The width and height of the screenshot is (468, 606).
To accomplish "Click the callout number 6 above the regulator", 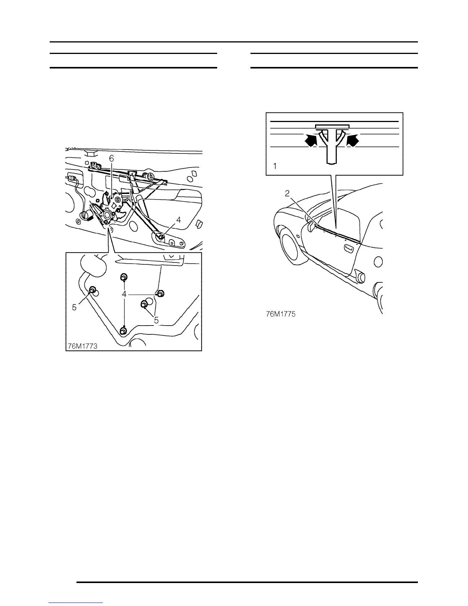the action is coord(111,158).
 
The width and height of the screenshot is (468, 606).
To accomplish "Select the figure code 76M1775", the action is coord(281,314).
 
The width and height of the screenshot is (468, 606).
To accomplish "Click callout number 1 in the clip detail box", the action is coord(275,166).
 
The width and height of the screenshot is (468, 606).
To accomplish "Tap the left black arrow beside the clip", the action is coord(311,141).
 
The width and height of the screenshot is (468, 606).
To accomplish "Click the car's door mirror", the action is coord(311,227).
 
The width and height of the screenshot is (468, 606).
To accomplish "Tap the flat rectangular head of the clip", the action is coord(332,126).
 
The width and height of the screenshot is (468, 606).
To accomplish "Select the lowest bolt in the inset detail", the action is coord(123,331).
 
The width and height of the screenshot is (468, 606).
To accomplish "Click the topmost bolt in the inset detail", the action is coord(124,277).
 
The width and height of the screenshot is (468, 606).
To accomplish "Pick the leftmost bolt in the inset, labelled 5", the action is coord(93,290).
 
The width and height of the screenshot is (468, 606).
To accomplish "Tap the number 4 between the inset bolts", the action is coord(124,294).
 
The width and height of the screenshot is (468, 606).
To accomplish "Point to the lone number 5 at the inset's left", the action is coord(75,306).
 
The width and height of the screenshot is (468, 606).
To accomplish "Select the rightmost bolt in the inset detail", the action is coord(161,293).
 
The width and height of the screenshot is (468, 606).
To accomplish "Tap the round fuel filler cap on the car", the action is coord(378,262).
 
